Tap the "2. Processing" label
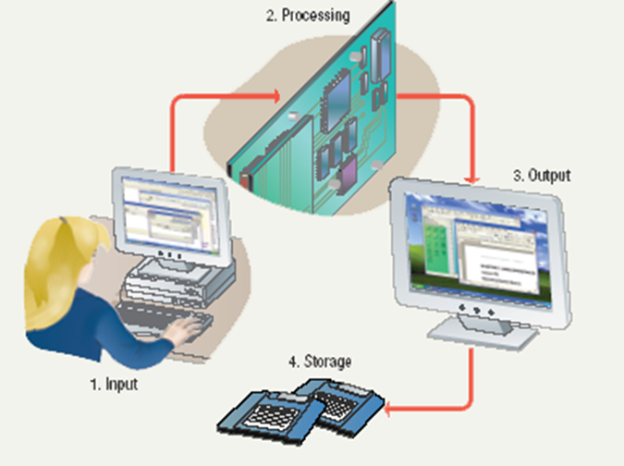pyautogui.click(x=307, y=16)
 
